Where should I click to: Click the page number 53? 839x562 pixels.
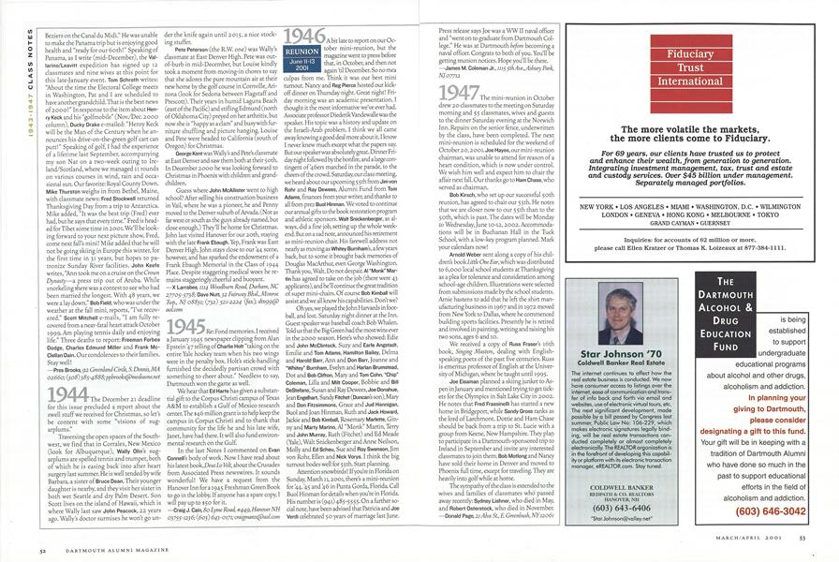(816, 549)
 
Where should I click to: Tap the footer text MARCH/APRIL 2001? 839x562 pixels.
(756, 549)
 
